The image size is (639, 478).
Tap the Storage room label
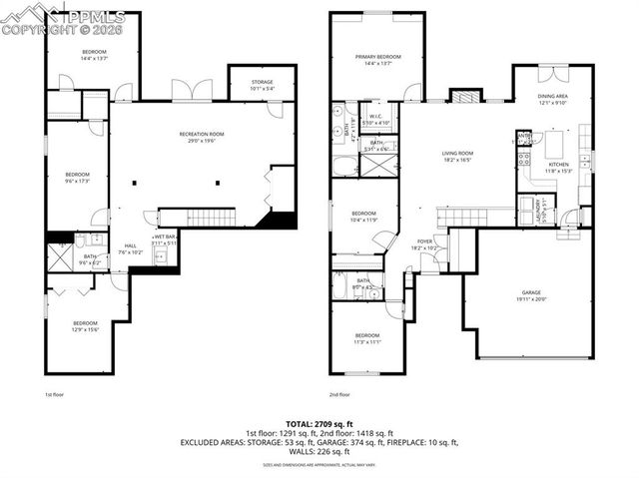[x=263, y=85]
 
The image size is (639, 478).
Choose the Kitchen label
[x=557, y=167]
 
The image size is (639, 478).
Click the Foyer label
[x=425, y=242]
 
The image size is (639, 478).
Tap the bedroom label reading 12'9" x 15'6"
[x=86, y=326]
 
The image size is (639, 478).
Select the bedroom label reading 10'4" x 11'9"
[x=363, y=217]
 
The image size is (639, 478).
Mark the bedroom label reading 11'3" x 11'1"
[x=367, y=338]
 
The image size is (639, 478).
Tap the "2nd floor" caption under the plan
[x=340, y=395]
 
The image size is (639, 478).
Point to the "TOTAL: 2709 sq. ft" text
[x=319, y=424]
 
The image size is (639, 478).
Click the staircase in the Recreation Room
[x=211, y=218]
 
